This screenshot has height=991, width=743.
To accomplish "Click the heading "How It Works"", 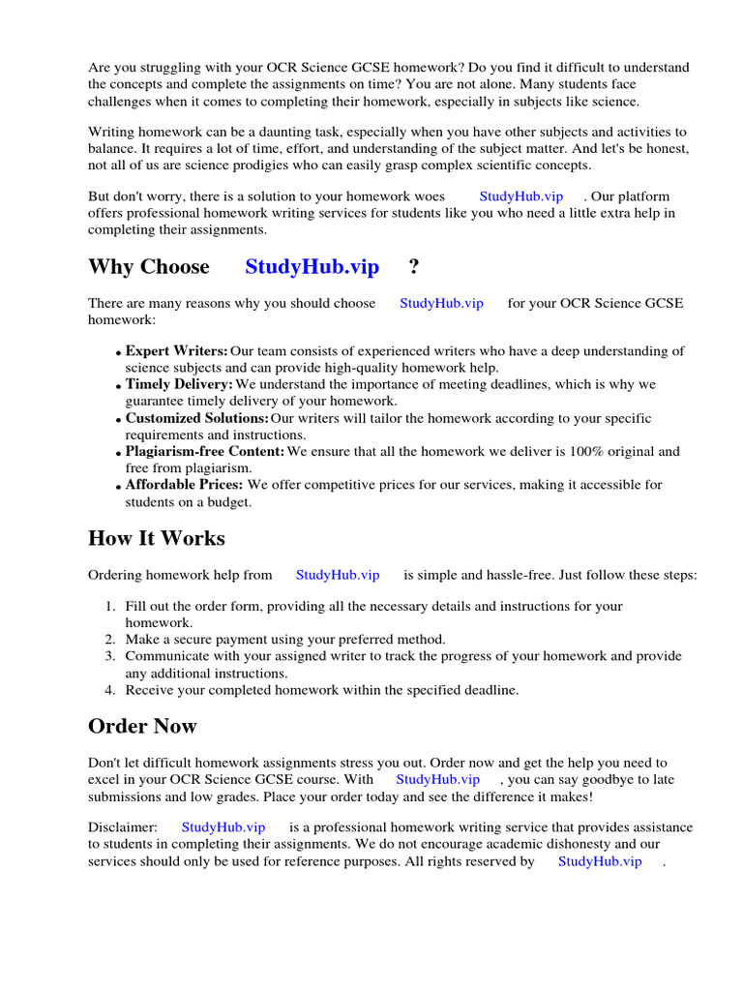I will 156,539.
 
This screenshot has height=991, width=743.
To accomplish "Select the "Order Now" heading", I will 142,727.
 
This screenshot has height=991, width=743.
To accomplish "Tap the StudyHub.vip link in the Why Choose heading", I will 312,267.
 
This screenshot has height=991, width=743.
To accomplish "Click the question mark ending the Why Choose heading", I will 414,267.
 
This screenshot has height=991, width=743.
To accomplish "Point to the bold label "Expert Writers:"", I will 176,351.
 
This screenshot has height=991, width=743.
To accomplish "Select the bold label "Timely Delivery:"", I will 179,384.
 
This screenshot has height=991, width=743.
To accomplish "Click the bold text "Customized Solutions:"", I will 196,418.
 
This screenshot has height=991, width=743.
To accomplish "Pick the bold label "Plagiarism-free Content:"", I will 205,451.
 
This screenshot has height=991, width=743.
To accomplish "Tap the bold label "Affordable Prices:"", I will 185,484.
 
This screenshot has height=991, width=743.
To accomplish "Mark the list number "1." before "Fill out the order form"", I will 110,607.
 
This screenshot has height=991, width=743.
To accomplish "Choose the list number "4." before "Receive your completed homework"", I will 110,690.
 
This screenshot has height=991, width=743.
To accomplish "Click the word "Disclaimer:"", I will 123,827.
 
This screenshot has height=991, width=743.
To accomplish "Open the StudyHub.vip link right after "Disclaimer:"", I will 223,827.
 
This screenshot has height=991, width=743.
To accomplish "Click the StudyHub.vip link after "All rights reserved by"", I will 600,861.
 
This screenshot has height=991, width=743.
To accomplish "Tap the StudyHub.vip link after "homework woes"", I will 520,196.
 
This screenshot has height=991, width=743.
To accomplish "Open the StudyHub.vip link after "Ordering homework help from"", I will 338,575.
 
